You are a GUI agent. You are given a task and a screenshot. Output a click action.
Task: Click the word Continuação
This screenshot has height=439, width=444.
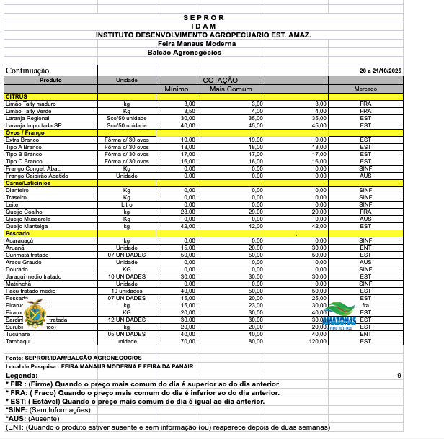click(27, 71)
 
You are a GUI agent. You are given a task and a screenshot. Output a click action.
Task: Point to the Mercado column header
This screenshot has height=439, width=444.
click(365, 89)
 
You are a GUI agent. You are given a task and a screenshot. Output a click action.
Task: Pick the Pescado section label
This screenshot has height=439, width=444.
click(18, 234)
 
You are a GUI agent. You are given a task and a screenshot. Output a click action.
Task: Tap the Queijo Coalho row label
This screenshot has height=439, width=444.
click(23, 212)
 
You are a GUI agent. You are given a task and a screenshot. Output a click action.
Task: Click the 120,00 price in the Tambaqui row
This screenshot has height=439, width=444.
click(319, 341)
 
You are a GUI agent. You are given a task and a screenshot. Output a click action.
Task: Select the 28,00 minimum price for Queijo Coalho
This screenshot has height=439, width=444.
click(188, 212)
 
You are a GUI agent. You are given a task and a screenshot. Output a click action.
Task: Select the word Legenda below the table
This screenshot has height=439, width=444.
click(22, 376)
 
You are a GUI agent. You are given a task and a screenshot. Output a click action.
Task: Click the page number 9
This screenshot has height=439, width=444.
click(399, 376)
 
